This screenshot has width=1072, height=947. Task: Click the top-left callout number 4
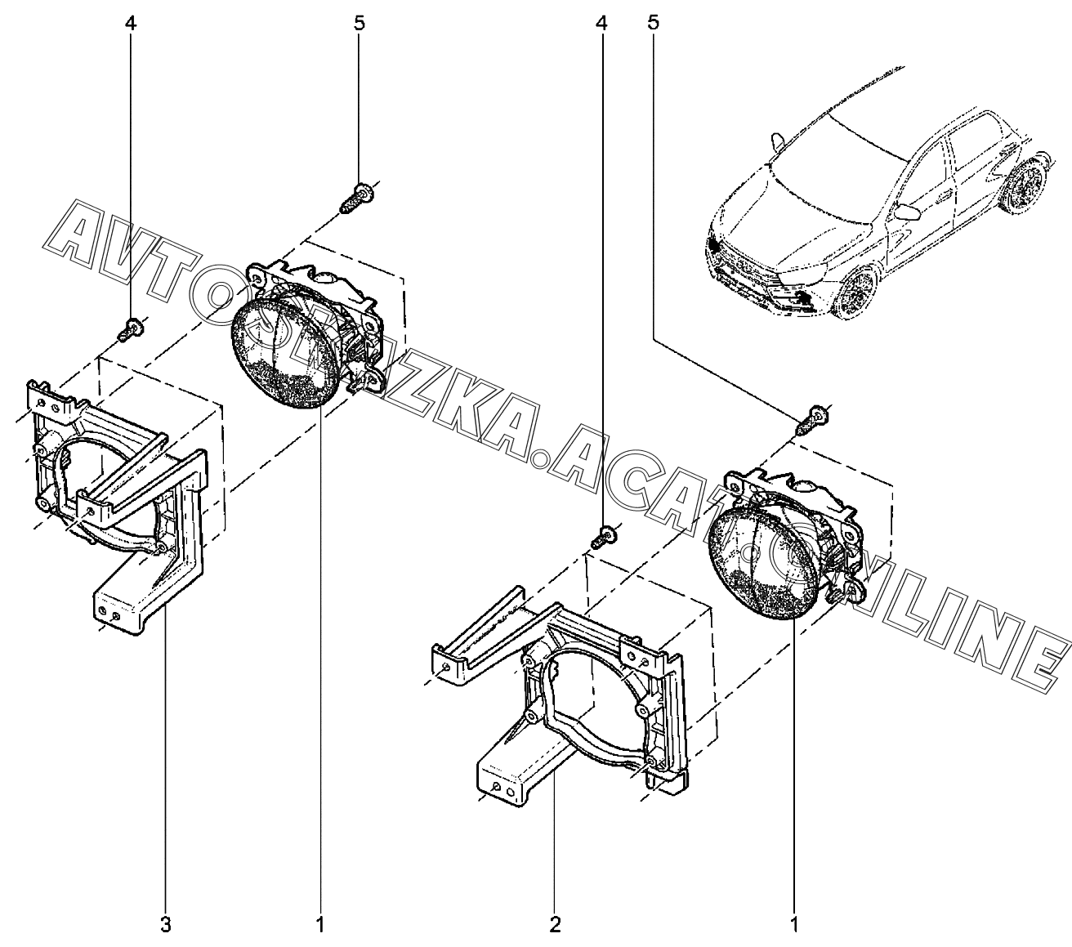[131, 23]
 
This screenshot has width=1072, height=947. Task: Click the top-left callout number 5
[360, 23]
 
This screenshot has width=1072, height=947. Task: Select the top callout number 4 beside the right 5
[601, 23]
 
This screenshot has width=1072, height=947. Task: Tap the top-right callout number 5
[653, 23]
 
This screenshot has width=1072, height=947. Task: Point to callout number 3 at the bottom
[166, 925]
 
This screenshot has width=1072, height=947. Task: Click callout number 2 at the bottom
[556, 925]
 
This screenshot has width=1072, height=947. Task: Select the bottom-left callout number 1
[320, 925]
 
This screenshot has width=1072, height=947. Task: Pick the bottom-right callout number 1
[793, 925]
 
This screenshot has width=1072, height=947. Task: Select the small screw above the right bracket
[605, 536]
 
